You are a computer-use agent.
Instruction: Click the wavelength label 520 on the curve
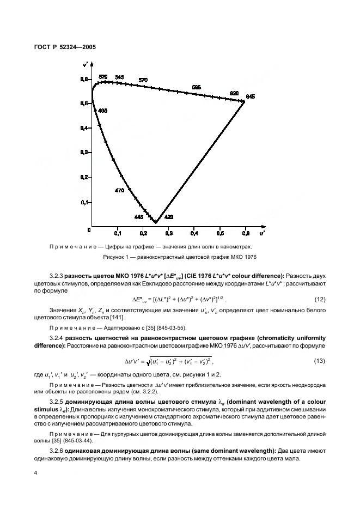(x=103, y=77)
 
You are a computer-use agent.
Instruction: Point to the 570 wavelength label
(x=143, y=81)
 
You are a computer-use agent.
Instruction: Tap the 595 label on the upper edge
(x=197, y=87)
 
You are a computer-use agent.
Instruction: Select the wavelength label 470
(x=120, y=191)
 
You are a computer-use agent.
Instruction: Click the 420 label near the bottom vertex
(x=169, y=217)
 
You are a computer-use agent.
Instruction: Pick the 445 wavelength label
(x=138, y=217)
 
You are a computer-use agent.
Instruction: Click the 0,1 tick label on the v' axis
(x=84, y=202)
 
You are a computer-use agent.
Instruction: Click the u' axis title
(x=262, y=233)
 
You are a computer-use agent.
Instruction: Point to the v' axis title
(x=86, y=64)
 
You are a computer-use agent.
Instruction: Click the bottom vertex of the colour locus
(x=155, y=222)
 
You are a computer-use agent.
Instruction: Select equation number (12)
(x=322, y=299)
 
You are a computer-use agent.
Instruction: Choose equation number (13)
(x=322, y=361)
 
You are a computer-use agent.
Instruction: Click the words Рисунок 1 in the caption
(x=117, y=257)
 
